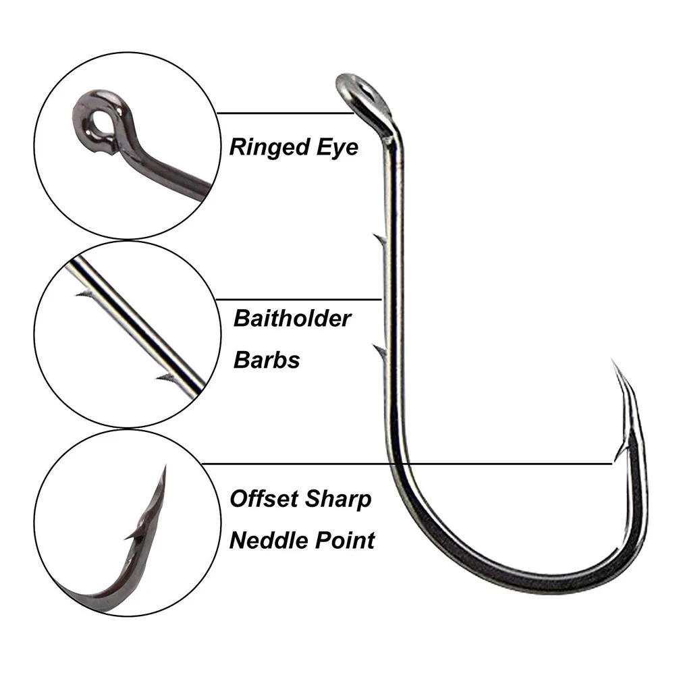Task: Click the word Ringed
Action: (269, 148)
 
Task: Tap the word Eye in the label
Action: (337, 148)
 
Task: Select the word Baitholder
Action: (292, 319)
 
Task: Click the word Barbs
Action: (267, 360)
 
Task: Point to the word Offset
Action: (263, 499)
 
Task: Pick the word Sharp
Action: (338, 500)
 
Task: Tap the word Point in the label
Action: (346, 540)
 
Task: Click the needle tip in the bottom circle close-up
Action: (165, 467)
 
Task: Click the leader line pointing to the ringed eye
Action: (285, 113)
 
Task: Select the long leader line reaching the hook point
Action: (407, 464)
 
